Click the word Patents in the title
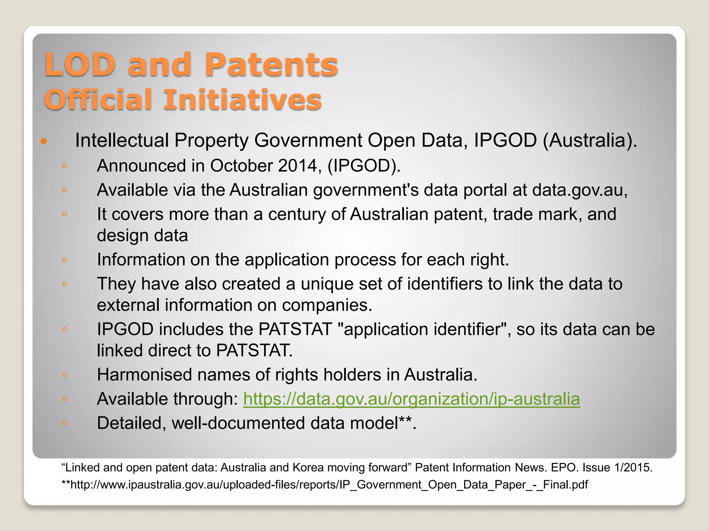coord(271,65)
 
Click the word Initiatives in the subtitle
coord(243,100)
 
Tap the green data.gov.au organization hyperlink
coord(411,399)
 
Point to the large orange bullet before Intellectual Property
coord(44,141)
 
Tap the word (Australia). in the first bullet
coord(590,141)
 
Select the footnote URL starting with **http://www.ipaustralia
coord(324,485)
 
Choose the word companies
coord(327,305)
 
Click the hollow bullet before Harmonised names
coord(64,374)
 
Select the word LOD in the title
coord(80,65)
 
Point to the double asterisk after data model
coord(405,420)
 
